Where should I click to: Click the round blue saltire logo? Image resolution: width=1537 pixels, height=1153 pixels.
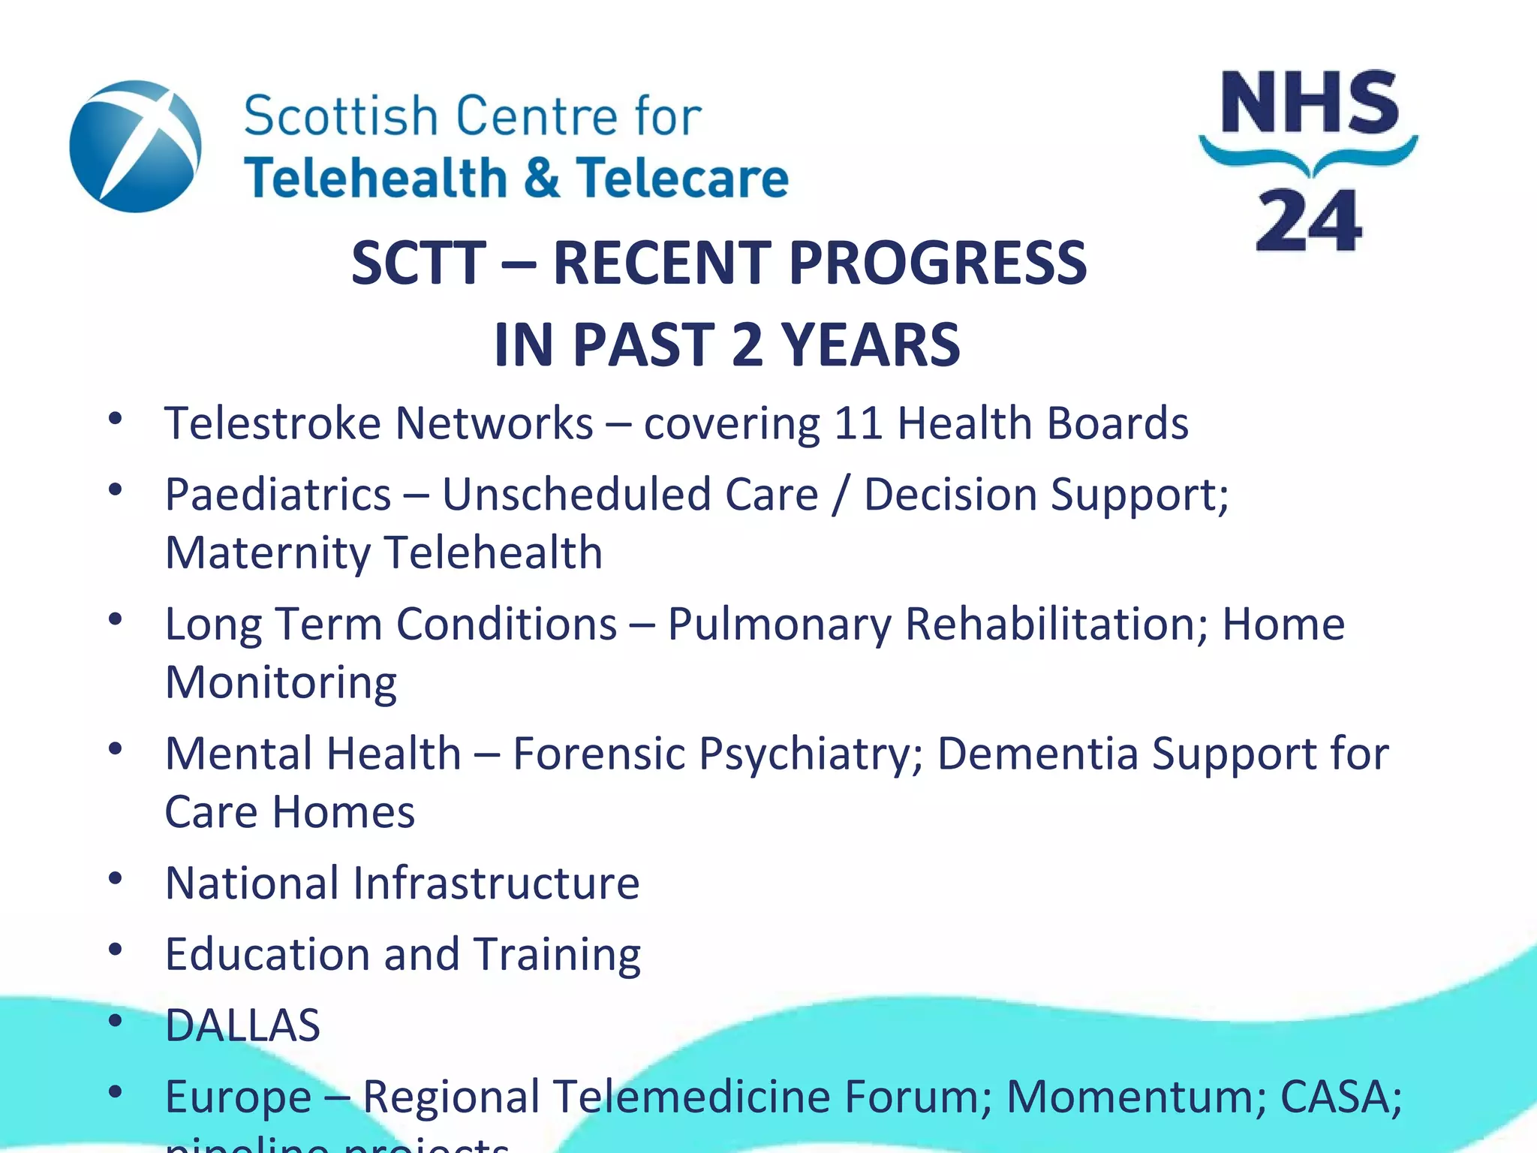tap(135, 146)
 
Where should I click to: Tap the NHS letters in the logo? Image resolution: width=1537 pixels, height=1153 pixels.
tap(1310, 103)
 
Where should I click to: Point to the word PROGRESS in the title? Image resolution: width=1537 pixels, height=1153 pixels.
tap(937, 263)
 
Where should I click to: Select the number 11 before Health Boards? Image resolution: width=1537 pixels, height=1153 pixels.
tap(857, 423)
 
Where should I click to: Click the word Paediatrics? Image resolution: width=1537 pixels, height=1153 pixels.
tap(278, 495)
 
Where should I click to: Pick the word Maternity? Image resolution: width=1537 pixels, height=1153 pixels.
tap(267, 553)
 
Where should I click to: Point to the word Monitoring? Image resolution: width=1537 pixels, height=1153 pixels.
tap(281, 683)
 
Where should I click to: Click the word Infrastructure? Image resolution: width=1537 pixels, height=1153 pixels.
tap(496, 883)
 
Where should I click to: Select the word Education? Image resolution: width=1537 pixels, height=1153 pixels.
tap(267, 954)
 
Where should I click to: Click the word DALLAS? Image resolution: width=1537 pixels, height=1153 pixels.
tap(242, 1025)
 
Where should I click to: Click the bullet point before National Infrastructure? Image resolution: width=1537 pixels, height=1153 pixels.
tap(115, 878)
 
